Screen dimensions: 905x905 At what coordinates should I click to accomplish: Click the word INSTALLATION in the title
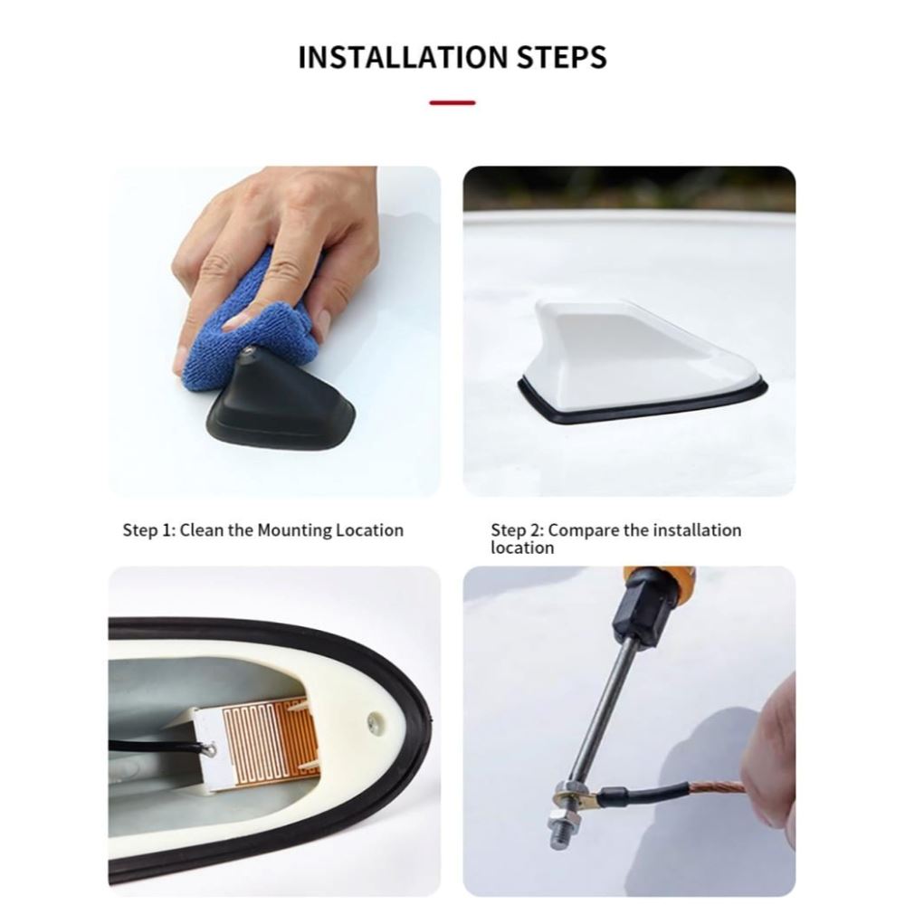[403, 57]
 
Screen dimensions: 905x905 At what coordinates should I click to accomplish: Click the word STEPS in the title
[561, 57]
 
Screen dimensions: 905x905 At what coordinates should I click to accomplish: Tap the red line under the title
[452, 103]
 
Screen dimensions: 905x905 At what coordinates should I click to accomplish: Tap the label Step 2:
[517, 530]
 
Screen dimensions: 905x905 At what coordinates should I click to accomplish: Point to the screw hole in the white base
[376, 721]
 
